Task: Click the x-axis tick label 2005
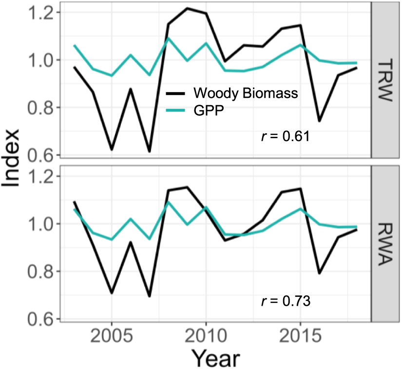coord(112,337)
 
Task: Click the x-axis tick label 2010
coord(206,337)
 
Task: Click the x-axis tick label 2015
coord(300,337)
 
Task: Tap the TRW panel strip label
coord(385,80)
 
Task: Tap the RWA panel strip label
coord(385,243)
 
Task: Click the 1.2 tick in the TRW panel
coord(43,12)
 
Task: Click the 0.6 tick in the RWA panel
coord(43,319)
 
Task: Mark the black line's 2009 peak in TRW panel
coord(187,8)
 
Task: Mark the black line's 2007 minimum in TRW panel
coord(149,151)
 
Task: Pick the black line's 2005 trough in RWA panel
coord(112,293)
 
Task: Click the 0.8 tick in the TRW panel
coord(43,108)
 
